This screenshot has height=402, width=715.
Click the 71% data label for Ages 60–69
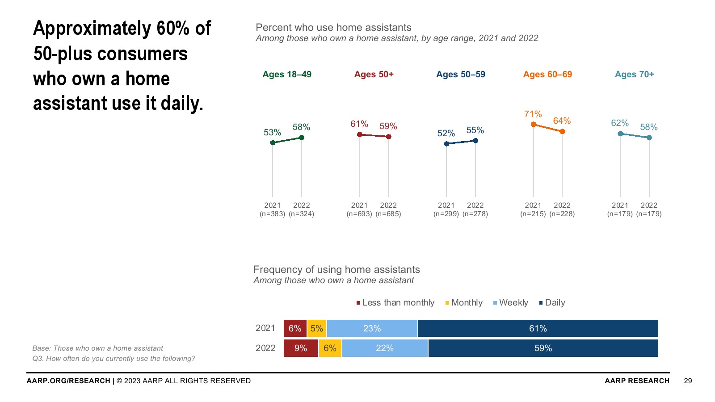(533, 114)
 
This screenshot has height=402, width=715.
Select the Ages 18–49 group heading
(287, 75)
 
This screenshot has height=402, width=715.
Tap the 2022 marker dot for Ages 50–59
(475, 141)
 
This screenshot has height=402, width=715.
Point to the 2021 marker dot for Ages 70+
(620, 134)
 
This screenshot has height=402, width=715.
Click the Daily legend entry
(552, 303)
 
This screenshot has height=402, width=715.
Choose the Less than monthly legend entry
(395, 303)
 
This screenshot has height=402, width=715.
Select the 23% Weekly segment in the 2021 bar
(372, 328)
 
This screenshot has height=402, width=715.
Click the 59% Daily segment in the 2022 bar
(543, 348)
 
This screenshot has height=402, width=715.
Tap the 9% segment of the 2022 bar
(301, 348)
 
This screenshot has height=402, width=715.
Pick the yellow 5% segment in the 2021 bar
(316, 328)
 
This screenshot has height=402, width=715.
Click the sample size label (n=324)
(302, 214)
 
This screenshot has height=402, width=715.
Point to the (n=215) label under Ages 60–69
(533, 214)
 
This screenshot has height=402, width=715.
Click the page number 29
(688, 381)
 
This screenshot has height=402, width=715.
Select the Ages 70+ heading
(634, 75)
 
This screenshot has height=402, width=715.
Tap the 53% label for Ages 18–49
(272, 133)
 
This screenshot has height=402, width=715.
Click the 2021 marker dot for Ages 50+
(359, 134)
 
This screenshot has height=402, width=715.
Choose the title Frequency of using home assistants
(336, 270)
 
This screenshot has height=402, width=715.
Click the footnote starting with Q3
(114, 359)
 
